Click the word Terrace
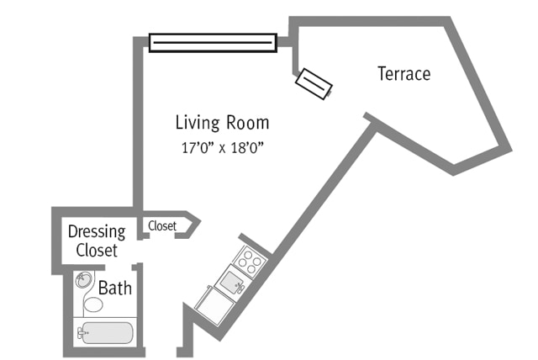tap(403, 74)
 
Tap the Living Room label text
tap(222, 123)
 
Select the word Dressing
tap(96, 231)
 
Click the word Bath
tap(115, 289)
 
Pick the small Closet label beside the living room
tap(162, 225)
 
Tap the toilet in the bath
tap(94, 302)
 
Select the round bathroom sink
tap(84, 281)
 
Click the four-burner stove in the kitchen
tap(250, 260)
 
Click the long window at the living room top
tap(213, 42)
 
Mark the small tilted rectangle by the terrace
tap(314, 82)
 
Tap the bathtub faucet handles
tap(82, 334)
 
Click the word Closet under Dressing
tap(97, 250)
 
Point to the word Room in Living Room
tap(247, 123)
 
